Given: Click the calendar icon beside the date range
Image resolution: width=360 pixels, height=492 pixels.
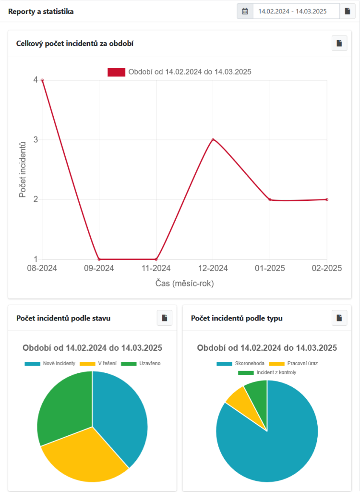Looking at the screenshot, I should click(x=245, y=11).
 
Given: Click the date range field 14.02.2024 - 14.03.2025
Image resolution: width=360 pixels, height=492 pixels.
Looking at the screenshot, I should click(x=296, y=11).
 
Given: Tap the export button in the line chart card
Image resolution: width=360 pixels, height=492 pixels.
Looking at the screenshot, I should click(x=339, y=43).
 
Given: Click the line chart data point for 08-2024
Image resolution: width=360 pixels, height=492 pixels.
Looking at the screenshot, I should click(x=42, y=80).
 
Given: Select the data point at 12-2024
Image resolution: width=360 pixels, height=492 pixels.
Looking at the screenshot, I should click(x=213, y=140).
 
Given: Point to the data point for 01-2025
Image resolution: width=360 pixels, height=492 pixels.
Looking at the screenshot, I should click(x=270, y=199).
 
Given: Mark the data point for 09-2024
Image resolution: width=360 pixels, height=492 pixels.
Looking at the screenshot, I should click(x=99, y=259).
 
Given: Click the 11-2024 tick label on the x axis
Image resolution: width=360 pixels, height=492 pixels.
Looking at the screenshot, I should click(x=156, y=268).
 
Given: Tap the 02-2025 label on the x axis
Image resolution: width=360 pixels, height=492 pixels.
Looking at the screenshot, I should click(x=326, y=268).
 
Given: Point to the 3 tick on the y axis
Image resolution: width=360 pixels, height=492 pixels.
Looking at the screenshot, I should click(x=35, y=140).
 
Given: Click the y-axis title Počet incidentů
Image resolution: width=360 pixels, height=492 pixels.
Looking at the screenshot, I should click(x=23, y=170).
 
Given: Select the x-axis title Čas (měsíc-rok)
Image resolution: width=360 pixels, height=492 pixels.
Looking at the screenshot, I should click(x=184, y=283).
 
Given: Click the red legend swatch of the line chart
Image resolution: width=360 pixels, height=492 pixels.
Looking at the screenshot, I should click(x=116, y=72).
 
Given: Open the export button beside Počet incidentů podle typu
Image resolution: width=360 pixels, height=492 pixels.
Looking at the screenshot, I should click(x=339, y=318).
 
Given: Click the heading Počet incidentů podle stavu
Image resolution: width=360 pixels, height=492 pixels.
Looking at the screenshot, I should click(x=63, y=318).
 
